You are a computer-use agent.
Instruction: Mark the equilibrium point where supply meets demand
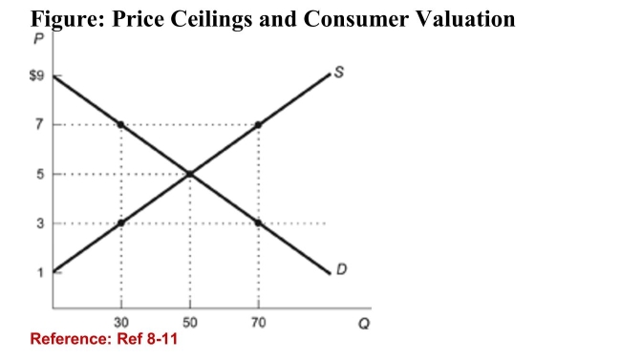coord(189,174)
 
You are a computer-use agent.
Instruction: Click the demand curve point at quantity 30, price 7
coord(121,124)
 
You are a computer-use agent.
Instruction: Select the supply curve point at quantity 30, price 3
coord(121,223)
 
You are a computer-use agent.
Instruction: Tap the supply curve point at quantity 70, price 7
coord(258,124)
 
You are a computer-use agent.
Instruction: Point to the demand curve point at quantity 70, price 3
coord(258,223)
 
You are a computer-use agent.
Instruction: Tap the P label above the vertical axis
coord(39,40)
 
